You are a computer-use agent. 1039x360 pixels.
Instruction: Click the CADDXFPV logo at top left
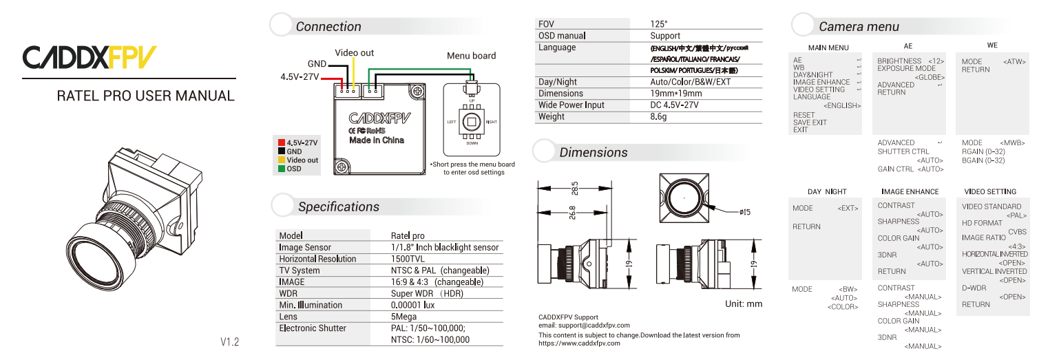coord(90,58)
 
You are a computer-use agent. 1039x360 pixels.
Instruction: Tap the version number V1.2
coord(229,341)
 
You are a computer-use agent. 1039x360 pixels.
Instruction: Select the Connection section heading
coord(328,27)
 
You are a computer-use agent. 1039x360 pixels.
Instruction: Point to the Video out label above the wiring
coord(354,53)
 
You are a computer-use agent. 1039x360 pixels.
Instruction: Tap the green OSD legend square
coord(282,169)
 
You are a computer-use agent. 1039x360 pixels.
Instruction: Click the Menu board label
coord(471,56)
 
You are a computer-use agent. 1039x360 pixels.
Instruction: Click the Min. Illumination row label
coord(310,305)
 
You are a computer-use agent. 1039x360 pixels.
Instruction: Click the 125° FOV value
coord(659,24)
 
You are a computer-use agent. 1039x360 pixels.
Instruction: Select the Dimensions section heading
coord(593,152)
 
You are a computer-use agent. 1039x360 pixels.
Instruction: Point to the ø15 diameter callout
coord(744,213)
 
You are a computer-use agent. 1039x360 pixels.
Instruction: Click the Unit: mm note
coord(744,304)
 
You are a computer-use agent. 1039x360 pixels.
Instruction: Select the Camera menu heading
coord(859,27)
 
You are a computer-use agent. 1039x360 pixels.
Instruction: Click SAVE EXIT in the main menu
coord(810,123)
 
